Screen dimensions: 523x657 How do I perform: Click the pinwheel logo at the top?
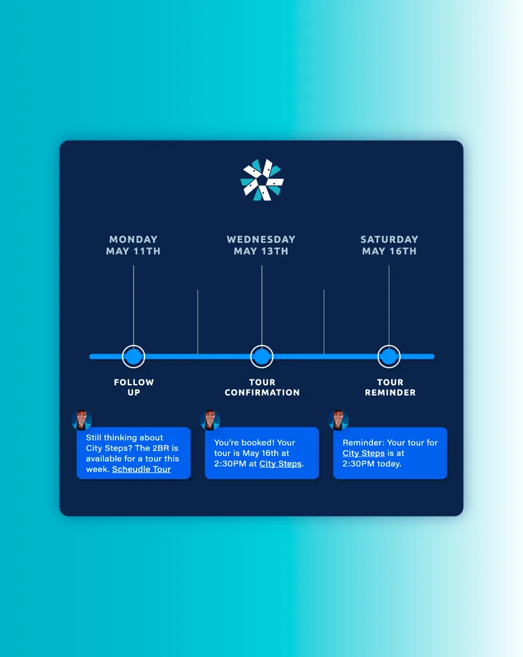[x=262, y=179]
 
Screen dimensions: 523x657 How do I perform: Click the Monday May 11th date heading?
[x=133, y=245]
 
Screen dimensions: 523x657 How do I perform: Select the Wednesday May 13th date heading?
[x=261, y=245]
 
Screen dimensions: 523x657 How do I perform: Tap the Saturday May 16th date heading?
[x=389, y=245]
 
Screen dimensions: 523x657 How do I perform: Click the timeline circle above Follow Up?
[x=134, y=357]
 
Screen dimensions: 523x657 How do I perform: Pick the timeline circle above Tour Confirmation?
[x=262, y=357]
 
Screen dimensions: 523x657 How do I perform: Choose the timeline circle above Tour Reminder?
[x=389, y=357]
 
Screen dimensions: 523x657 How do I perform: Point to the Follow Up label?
[x=134, y=387]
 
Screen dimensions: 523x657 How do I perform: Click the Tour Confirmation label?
[x=262, y=387]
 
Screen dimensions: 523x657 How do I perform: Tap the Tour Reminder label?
[x=390, y=387]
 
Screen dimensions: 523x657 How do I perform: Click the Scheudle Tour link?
[x=141, y=469]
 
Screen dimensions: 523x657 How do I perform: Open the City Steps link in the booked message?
[x=280, y=464]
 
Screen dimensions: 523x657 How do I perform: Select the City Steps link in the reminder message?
[x=363, y=453]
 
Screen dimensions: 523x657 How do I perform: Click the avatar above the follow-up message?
[x=82, y=420]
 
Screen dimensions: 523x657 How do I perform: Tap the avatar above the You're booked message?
[x=210, y=420]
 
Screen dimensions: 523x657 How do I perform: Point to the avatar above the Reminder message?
[x=338, y=420]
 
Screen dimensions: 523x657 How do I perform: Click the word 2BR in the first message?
[x=160, y=448]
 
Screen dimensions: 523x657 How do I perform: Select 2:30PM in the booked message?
[x=230, y=464]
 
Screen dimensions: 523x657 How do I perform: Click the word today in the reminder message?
[x=389, y=464]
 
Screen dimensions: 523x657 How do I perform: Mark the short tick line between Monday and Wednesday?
[x=198, y=322]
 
